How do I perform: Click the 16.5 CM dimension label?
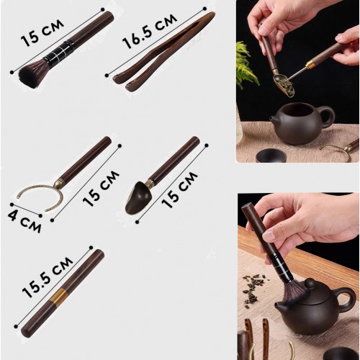point(150,30)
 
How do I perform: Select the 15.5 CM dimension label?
point(48,277)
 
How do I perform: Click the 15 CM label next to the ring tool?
point(101,189)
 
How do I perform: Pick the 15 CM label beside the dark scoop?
point(179,189)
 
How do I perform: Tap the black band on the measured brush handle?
point(57,51)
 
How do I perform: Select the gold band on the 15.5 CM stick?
point(56,297)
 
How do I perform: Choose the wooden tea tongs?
point(163,52)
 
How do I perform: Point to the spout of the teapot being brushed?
point(279,307)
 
